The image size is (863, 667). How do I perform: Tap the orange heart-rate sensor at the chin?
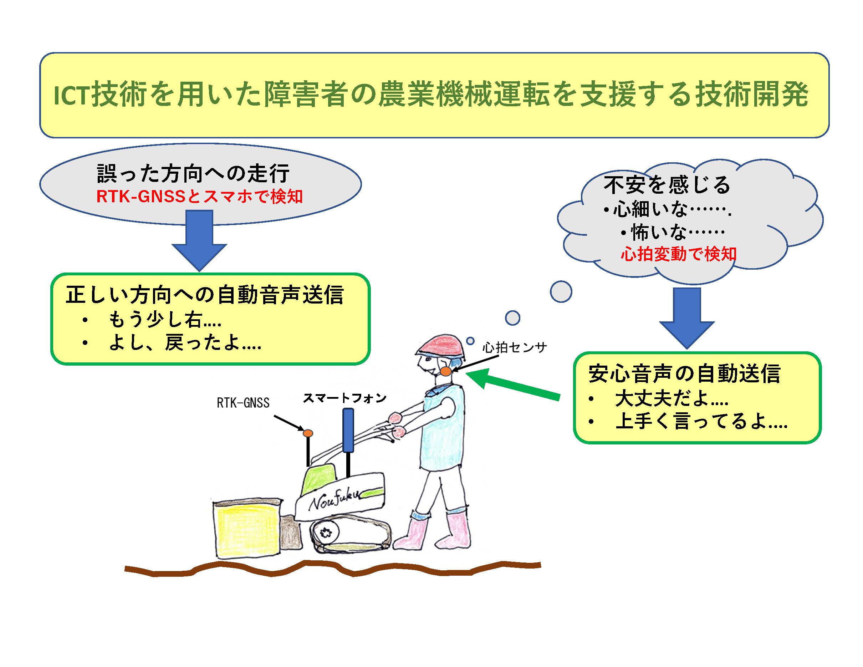pos(446,371)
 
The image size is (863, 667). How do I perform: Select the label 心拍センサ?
pos(515,348)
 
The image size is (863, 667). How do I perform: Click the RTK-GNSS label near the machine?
pos(243,403)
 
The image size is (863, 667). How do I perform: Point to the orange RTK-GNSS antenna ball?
pos(308,433)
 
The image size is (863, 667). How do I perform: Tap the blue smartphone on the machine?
pos(348,430)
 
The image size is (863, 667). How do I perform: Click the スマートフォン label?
pos(344,398)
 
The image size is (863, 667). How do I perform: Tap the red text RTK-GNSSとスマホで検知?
pos(200,197)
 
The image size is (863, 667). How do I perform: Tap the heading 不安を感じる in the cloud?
pos(667,185)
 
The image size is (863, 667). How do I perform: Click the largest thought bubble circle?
pos(561,292)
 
